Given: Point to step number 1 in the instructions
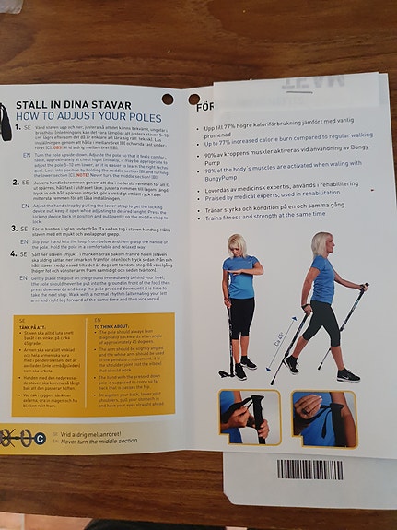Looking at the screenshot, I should pos(14,130).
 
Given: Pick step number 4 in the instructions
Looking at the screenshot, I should pos(12,253).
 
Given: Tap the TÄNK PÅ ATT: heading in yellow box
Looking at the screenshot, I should pos(31,325).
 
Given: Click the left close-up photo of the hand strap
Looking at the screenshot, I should pos(242,418).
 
